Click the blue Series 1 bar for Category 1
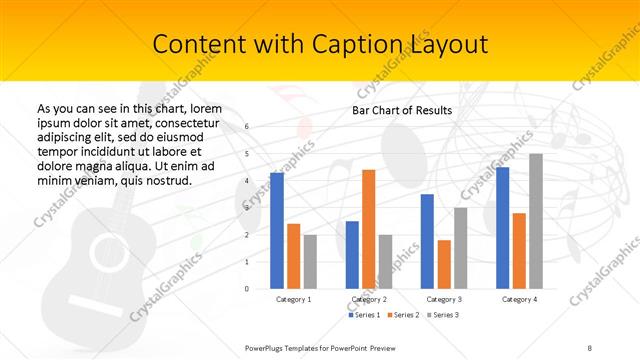(x=277, y=230)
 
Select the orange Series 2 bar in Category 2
(x=368, y=229)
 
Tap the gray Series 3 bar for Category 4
(x=536, y=221)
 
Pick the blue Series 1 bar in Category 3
(x=427, y=241)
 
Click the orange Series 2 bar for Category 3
(x=444, y=264)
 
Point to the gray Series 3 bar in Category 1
(x=310, y=261)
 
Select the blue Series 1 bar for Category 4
(x=502, y=227)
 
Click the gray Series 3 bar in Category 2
(x=385, y=261)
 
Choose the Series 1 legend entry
(x=363, y=315)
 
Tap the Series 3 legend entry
(x=443, y=315)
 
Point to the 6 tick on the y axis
(x=246, y=127)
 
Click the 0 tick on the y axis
(x=246, y=288)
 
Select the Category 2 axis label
(x=369, y=299)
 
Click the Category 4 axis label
(x=519, y=299)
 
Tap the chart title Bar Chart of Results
(x=402, y=109)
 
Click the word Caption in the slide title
(x=332, y=45)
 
